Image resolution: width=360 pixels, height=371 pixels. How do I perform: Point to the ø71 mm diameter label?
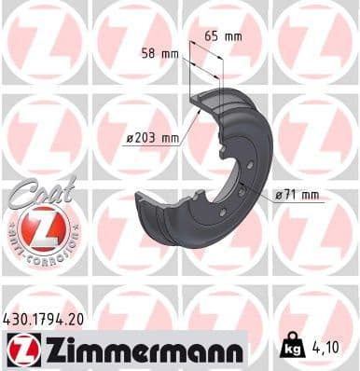click(297, 195)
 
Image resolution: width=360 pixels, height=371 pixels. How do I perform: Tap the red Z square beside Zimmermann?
click(18, 350)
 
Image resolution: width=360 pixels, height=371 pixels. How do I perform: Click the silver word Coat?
click(36, 193)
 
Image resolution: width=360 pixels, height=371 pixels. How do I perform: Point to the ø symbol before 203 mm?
click(128, 139)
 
